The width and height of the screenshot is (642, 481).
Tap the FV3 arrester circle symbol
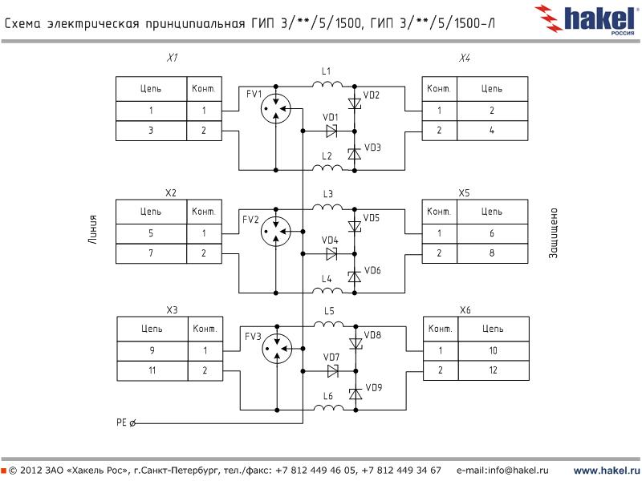click(276, 350)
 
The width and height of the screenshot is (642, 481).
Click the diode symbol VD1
click(331, 131)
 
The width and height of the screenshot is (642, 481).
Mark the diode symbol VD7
click(332, 371)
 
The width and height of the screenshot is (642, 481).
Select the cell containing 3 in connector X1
click(151, 131)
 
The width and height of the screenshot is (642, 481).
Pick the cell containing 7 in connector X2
click(151, 253)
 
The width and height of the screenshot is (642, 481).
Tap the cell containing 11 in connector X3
click(152, 371)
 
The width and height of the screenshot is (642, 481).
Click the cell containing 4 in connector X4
click(491, 131)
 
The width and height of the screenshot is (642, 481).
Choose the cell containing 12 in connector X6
click(493, 371)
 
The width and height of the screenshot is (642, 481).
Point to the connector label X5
click(464, 193)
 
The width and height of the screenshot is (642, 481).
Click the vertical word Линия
click(93, 229)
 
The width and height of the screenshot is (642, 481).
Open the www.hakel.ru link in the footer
click(605, 470)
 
